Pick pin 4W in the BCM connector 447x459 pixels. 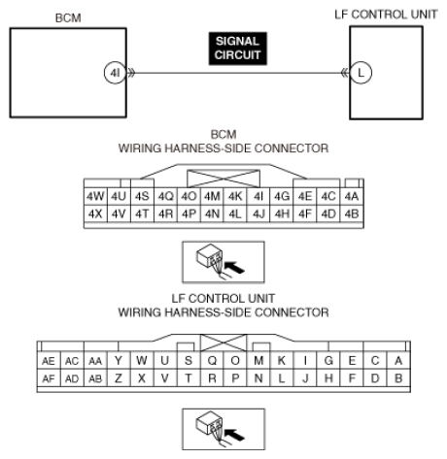[x=95, y=195]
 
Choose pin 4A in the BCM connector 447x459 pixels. [x=352, y=195]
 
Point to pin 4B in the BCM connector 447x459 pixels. [x=352, y=212]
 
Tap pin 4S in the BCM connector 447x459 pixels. [x=143, y=195]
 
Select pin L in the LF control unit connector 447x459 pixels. [x=281, y=377]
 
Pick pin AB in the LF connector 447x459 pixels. [x=95, y=377]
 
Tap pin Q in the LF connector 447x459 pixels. [x=211, y=360]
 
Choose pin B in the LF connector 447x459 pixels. [x=398, y=377]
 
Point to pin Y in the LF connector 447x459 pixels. [x=119, y=360]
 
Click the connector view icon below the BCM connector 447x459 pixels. [x=223, y=259]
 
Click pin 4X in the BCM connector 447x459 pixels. [x=95, y=212]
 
